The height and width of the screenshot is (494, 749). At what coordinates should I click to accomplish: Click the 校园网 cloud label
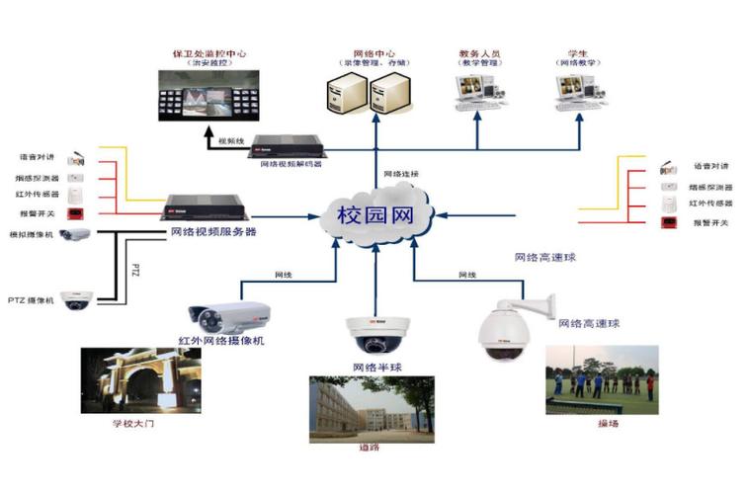coord(374,213)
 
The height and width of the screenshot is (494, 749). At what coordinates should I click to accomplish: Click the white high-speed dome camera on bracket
coord(505,330)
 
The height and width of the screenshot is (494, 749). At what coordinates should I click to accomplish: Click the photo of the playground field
coord(602,379)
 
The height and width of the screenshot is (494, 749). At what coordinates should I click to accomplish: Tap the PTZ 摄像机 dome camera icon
coord(77,299)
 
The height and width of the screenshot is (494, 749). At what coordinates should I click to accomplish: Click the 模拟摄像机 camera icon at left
coord(75,234)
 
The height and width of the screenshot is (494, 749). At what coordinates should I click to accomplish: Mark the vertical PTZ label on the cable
coord(135,267)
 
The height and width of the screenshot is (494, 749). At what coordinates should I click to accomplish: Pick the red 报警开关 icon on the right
coord(667,222)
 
